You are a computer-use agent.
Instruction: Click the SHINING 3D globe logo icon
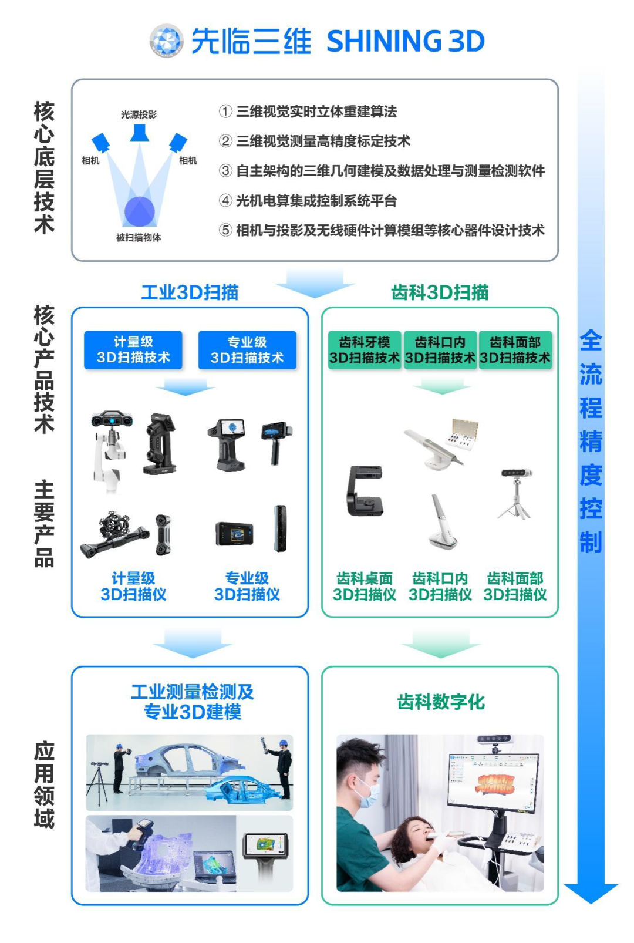(166, 41)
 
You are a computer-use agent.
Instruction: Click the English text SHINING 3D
(405, 41)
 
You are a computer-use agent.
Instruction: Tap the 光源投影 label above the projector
(139, 114)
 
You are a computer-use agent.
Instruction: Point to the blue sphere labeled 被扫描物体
(140, 211)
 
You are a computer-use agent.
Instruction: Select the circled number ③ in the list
(225, 171)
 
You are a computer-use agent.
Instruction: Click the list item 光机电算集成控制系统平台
(316, 201)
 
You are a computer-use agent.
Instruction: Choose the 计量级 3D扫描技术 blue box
(133, 350)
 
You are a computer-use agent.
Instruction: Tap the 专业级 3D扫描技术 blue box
(247, 350)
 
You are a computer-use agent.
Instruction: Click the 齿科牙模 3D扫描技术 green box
(364, 351)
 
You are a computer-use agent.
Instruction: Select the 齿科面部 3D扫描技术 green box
(515, 351)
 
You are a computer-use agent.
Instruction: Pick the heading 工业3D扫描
(190, 292)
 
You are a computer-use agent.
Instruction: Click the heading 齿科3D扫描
(440, 292)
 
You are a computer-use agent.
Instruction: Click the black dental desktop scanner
(365, 491)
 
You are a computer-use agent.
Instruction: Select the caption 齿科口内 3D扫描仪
(440, 587)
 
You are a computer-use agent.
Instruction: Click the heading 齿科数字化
(440, 702)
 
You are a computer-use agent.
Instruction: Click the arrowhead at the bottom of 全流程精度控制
(591, 893)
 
